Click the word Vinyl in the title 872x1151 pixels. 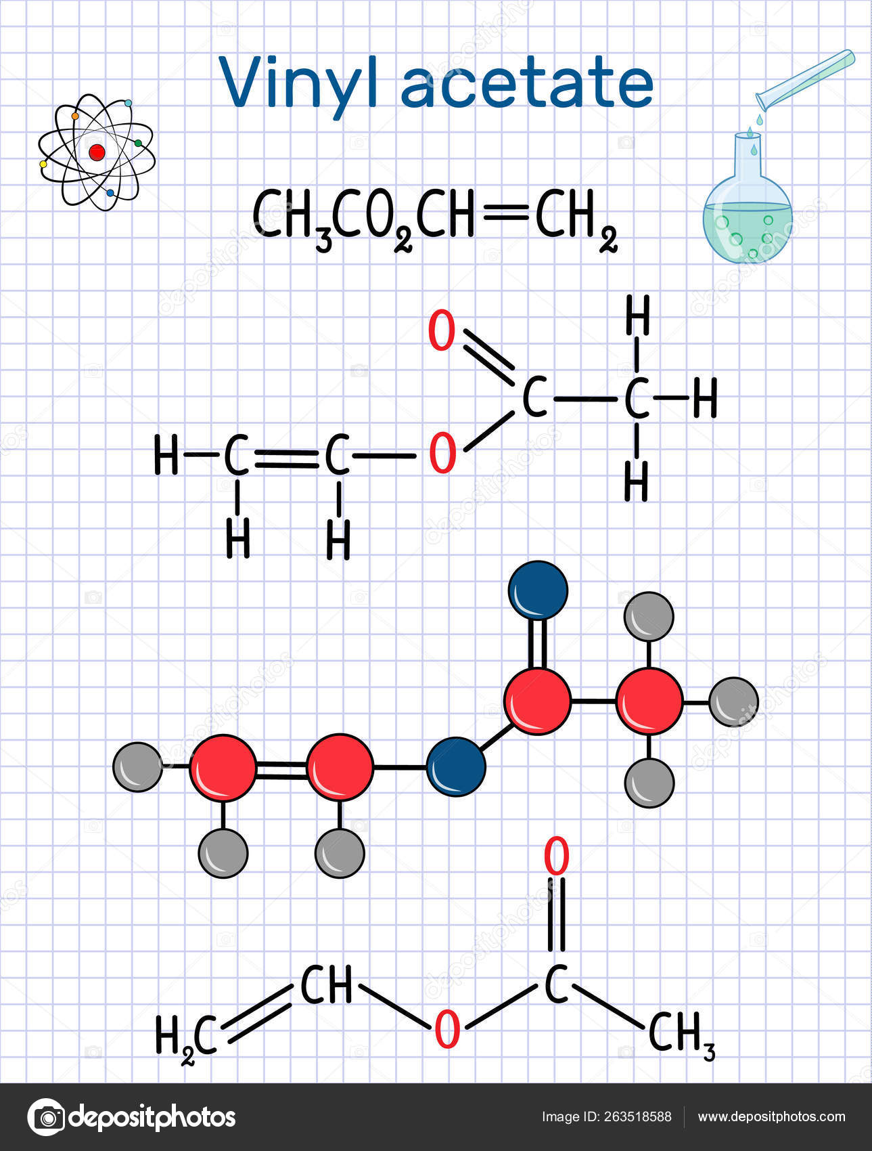click(x=298, y=83)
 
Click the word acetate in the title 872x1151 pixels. click(x=528, y=83)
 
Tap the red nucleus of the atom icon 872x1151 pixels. click(x=97, y=152)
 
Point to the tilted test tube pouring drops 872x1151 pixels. click(x=805, y=80)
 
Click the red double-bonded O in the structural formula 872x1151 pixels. click(x=442, y=330)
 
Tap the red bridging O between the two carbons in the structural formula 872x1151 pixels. click(x=443, y=454)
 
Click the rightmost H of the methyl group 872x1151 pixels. click(x=704, y=398)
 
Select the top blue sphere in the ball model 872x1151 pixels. click(x=538, y=590)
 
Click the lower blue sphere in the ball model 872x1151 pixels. click(x=456, y=766)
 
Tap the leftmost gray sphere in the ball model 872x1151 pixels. click(x=138, y=766)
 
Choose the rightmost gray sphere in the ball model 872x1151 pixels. click(x=733, y=702)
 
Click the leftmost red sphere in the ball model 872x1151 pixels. click(x=223, y=768)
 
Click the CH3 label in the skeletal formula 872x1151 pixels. click(x=681, y=1035)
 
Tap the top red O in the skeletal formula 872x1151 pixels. click(x=557, y=856)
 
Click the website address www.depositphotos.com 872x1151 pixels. click(x=771, y=1117)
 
